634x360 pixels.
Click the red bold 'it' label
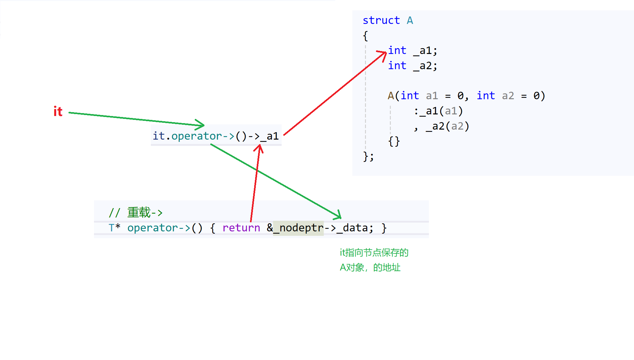point(58,111)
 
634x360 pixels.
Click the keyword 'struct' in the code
point(381,20)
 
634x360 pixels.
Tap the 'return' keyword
point(241,228)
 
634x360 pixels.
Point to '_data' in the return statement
point(355,228)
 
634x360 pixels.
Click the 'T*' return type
point(114,228)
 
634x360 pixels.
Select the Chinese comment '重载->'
point(145,213)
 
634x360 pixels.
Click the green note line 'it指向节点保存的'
point(374,253)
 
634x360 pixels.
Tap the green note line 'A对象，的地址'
point(370,268)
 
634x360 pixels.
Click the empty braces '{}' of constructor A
point(394,142)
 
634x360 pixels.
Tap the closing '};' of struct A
point(368,157)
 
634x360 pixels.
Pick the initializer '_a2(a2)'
point(447,126)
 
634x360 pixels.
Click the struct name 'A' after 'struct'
point(410,20)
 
